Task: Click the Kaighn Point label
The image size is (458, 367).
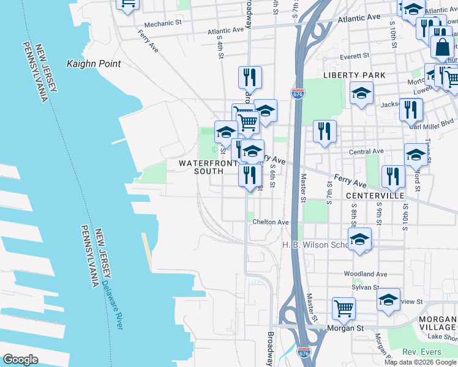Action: point(93,64)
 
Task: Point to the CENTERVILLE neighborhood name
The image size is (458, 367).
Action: point(375,196)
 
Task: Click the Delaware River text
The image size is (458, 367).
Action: point(112,305)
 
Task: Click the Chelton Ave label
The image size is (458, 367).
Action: point(270,222)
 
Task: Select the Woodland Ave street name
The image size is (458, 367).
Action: point(366,274)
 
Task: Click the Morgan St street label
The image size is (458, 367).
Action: point(348,328)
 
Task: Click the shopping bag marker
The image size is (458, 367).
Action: point(442,46)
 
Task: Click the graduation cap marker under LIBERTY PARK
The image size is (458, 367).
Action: point(361,93)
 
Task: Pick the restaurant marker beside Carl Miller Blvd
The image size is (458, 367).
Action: point(411,109)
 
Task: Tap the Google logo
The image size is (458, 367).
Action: point(21,360)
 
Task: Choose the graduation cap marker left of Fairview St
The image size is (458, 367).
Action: point(388,300)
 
